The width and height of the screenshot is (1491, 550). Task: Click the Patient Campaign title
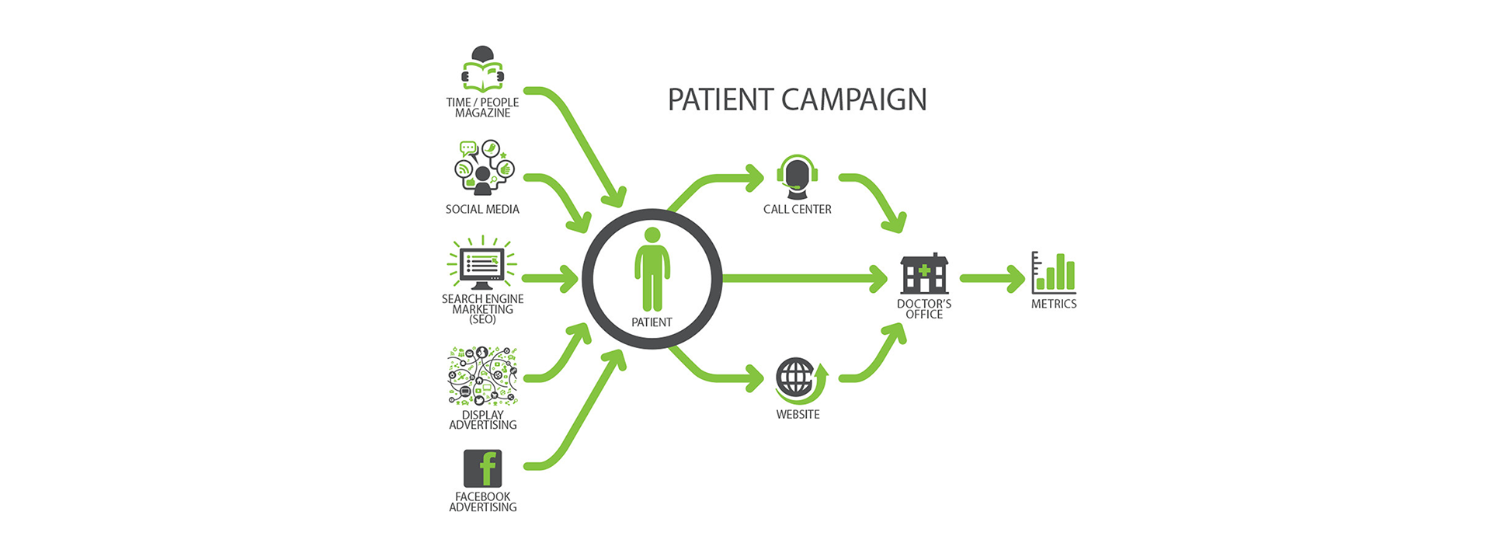[x=797, y=99]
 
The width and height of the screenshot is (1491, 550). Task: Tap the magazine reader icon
[x=482, y=69]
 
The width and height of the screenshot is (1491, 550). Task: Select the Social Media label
[x=482, y=209]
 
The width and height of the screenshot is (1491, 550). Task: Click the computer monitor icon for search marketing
[x=482, y=264]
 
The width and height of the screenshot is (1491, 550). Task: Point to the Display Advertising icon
[x=482, y=376]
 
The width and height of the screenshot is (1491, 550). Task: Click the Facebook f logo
[x=482, y=468]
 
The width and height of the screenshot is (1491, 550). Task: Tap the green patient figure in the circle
[x=652, y=269]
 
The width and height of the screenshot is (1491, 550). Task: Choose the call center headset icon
[x=797, y=177]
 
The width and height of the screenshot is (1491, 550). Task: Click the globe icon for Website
[x=797, y=379]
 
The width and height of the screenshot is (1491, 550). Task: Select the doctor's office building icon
[x=924, y=273]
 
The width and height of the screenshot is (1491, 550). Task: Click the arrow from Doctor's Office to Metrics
[x=992, y=278]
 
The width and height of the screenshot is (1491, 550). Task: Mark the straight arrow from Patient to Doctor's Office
[x=804, y=278]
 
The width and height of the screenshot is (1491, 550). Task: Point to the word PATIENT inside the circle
[x=652, y=322]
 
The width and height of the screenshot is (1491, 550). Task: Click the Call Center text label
[x=797, y=209]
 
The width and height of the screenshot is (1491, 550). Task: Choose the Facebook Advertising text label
[x=482, y=502]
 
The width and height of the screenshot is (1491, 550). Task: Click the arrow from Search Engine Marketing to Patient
[x=550, y=278]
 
